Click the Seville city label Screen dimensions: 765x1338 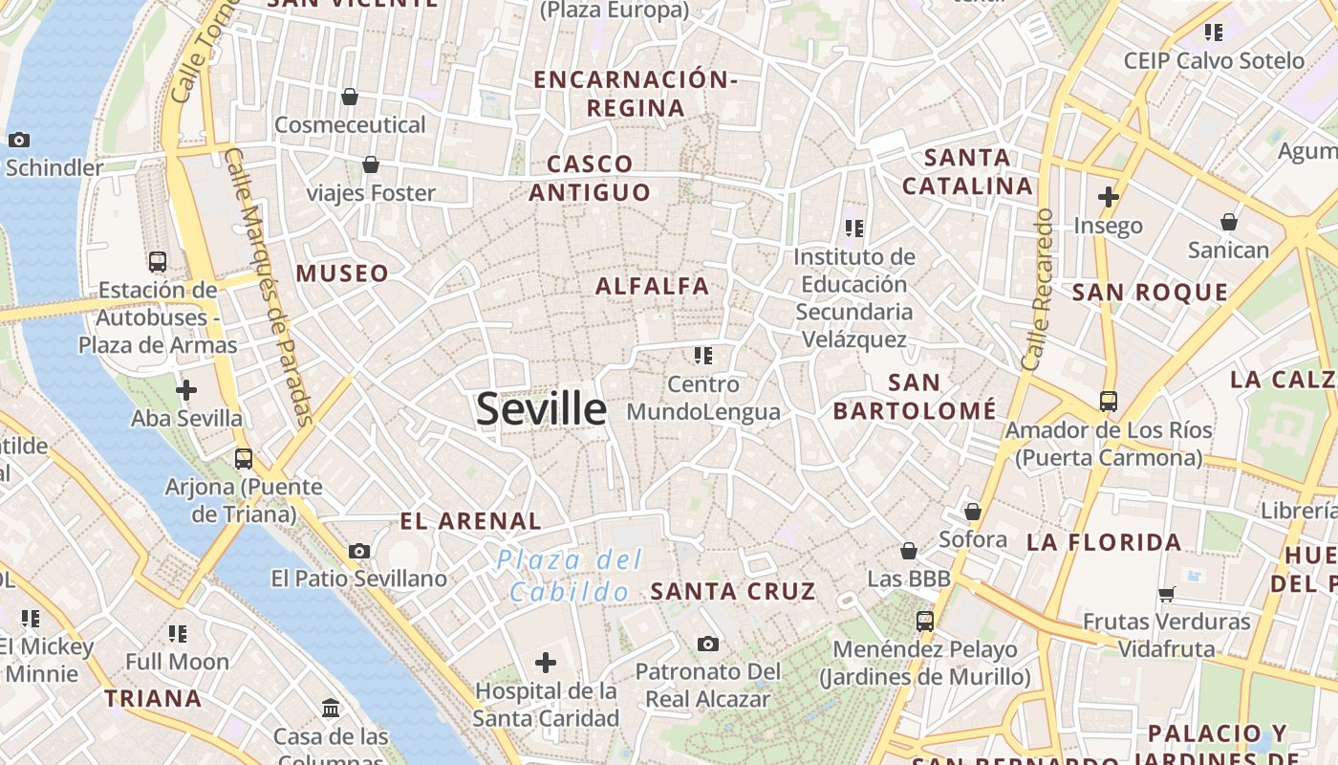pyautogui.click(x=541, y=409)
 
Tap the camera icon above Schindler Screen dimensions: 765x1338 pyautogui.click(x=18, y=140)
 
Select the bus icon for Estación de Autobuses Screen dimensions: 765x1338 pyautogui.click(x=158, y=261)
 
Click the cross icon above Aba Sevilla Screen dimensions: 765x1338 pyautogui.click(x=186, y=390)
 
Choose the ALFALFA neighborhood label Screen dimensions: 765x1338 pyautogui.click(x=653, y=286)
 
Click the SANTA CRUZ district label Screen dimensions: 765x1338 pyautogui.click(x=733, y=591)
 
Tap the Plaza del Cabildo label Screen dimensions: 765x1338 pyautogui.click(x=571, y=576)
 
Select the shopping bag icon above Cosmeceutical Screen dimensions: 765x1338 pyautogui.click(x=350, y=97)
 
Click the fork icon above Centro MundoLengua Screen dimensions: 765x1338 pyautogui.click(x=703, y=356)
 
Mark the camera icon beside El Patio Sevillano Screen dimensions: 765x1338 pyautogui.click(x=359, y=551)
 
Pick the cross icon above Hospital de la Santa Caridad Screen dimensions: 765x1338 pyautogui.click(x=546, y=662)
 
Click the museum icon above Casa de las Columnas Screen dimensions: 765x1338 pyautogui.click(x=331, y=709)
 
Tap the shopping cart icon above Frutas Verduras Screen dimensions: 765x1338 pyautogui.click(x=1166, y=594)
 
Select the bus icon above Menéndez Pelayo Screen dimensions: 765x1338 pyautogui.click(x=924, y=621)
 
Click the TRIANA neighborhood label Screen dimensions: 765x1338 pyautogui.click(x=153, y=698)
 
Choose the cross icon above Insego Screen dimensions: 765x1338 pyautogui.click(x=1109, y=198)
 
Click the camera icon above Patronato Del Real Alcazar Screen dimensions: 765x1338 pyautogui.click(x=707, y=644)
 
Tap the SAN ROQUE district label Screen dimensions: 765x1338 pyautogui.click(x=1150, y=293)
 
